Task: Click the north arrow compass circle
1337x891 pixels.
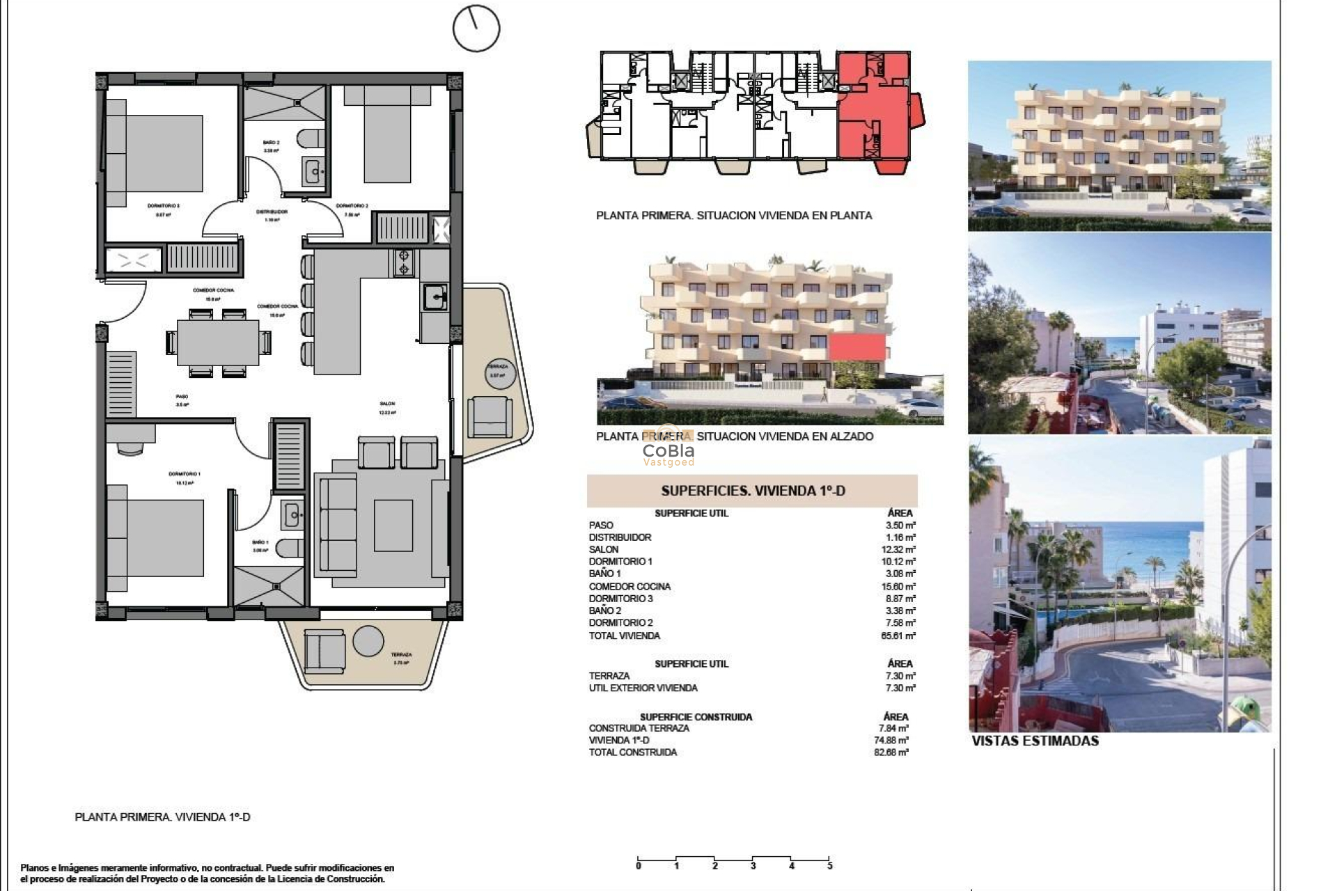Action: pyautogui.click(x=476, y=29)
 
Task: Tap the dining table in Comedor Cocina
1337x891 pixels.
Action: pyautogui.click(x=218, y=342)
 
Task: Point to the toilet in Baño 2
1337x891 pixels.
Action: pyautogui.click(x=308, y=139)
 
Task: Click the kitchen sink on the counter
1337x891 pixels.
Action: pyautogui.click(x=435, y=297)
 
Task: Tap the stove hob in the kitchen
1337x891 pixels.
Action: pyautogui.click(x=404, y=262)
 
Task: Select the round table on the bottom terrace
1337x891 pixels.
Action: pyautogui.click(x=368, y=640)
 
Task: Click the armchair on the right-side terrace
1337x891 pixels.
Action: pyautogui.click(x=490, y=416)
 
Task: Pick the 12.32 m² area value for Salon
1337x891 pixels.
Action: pyautogui.click(x=900, y=549)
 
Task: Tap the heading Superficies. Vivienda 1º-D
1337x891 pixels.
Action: pyautogui.click(x=753, y=491)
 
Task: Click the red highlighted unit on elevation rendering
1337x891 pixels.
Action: pyautogui.click(x=857, y=347)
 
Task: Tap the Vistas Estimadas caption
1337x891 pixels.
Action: pyautogui.click(x=1035, y=741)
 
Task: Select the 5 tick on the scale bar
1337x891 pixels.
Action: pyautogui.click(x=829, y=866)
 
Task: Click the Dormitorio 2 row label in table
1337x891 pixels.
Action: pyautogui.click(x=620, y=623)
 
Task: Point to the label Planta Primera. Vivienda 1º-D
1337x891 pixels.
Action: pyautogui.click(x=162, y=817)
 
